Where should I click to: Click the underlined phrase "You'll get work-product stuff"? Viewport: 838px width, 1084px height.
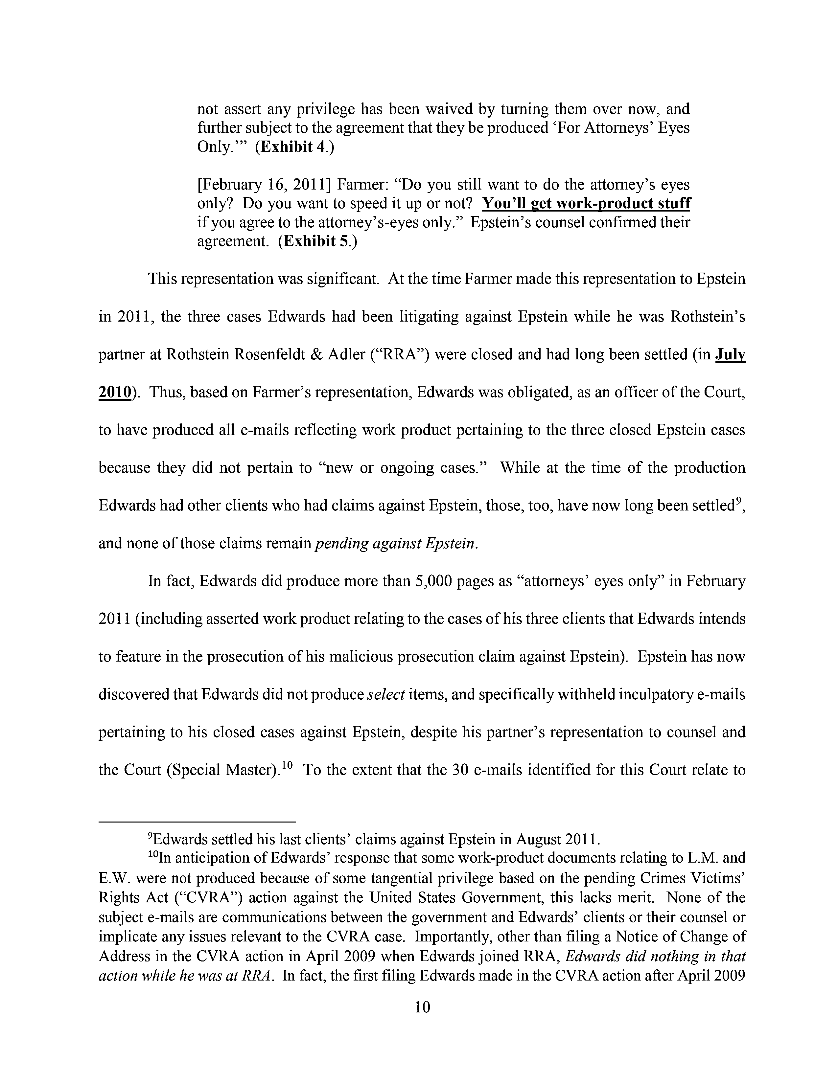[586, 204]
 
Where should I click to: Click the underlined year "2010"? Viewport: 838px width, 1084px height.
[116, 393]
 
